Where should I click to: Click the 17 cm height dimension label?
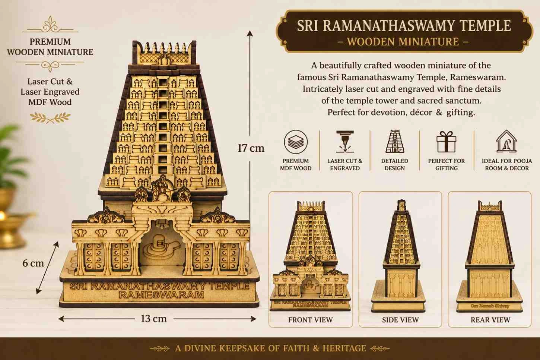pyautogui.click(x=251, y=148)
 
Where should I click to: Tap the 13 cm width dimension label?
pyautogui.click(x=153, y=319)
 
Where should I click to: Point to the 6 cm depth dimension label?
pyautogui.click(x=33, y=263)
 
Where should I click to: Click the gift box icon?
pyautogui.click(x=446, y=142)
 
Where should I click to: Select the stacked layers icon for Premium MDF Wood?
pyautogui.click(x=296, y=142)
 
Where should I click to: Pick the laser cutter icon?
pyautogui.click(x=345, y=142)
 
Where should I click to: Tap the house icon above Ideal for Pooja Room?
pyautogui.click(x=506, y=141)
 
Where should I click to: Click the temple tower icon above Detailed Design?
pyautogui.click(x=395, y=141)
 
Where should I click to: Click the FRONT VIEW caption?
pyautogui.click(x=311, y=320)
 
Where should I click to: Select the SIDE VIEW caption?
pyautogui.click(x=400, y=320)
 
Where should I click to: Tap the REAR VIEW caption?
pyautogui.click(x=490, y=320)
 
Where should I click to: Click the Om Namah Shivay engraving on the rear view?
pyautogui.click(x=490, y=306)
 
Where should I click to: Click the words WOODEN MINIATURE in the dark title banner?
pyautogui.click(x=403, y=41)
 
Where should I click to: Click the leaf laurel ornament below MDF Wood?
pyautogui.click(x=50, y=117)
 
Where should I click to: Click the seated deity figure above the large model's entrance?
pyautogui.click(x=162, y=188)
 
